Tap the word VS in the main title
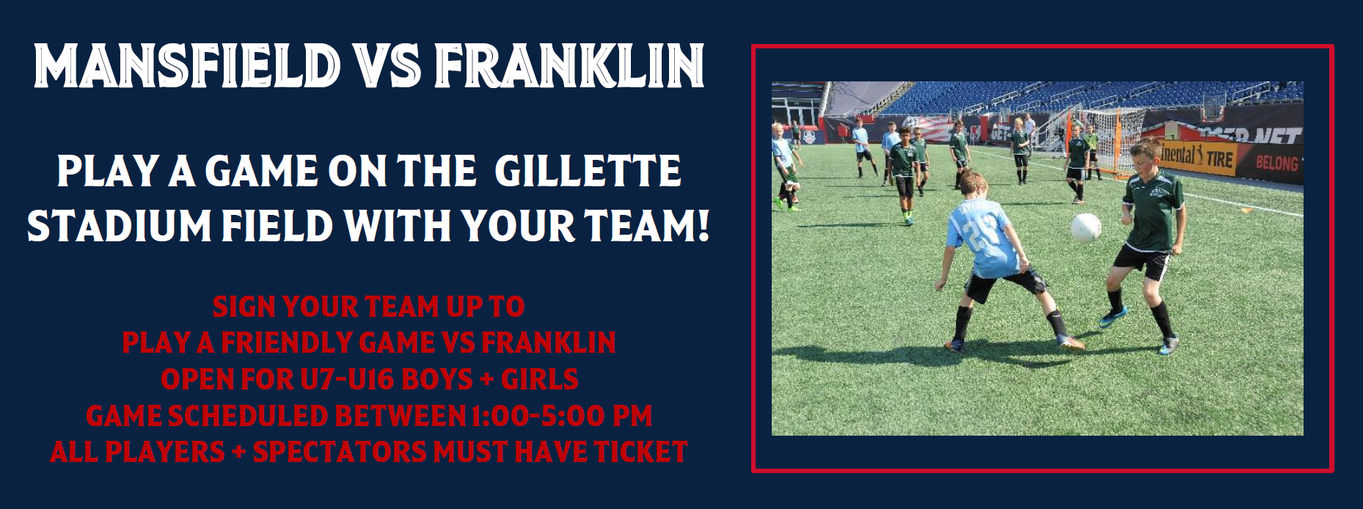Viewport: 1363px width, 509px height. [383, 66]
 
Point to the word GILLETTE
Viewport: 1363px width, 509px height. [588, 171]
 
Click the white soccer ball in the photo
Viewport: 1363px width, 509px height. [1086, 227]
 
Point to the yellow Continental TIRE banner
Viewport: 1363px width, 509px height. [1200, 155]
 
